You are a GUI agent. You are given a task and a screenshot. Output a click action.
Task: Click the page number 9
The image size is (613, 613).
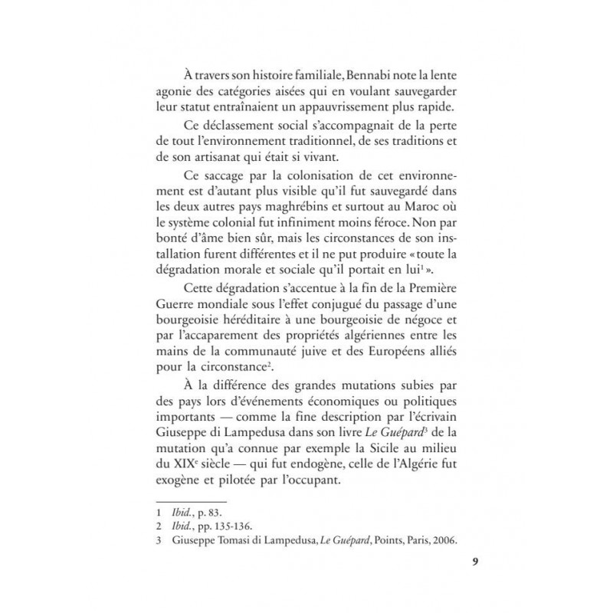[454, 562]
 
